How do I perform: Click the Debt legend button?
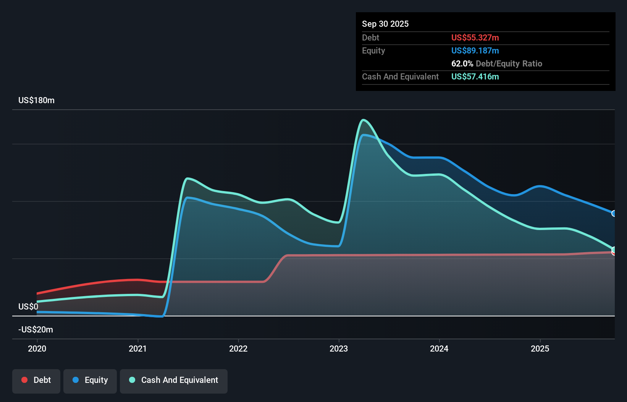pos(36,381)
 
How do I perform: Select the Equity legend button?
pos(90,381)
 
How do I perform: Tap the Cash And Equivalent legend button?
pos(174,381)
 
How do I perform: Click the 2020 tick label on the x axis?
pos(37,349)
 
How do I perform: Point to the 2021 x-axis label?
pos(138,349)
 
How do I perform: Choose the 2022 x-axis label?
pos(238,349)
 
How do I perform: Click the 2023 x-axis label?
pos(339,349)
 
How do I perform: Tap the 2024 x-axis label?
pos(439,349)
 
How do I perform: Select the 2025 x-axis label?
pos(540,349)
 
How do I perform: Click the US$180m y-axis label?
pos(36,100)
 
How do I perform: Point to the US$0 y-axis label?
pos(28,307)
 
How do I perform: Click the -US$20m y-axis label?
pos(36,330)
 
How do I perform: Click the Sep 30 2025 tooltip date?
pos(385,24)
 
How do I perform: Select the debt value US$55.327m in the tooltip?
pos(475,38)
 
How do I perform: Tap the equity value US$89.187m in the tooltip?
pos(475,51)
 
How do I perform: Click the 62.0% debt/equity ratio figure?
pos(462,64)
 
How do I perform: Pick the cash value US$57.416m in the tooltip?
pos(475,77)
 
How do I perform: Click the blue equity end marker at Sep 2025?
pos(614,214)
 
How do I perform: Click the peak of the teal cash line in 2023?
pos(363,120)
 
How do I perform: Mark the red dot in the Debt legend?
pos(24,380)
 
